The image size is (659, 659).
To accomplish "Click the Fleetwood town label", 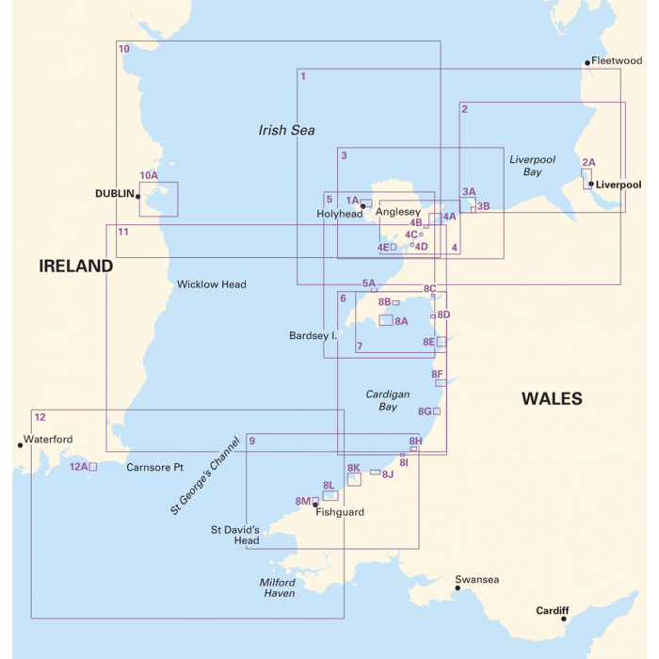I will click(x=617, y=61).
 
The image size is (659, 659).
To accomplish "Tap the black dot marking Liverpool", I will click(x=591, y=185).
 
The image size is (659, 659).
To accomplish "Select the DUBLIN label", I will click(x=115, y=194).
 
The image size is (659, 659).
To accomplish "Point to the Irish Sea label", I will click(x=286, y=131).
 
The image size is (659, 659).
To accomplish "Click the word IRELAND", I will click(x=75, y=266).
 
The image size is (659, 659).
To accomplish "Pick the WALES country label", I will click(x=552, y=399).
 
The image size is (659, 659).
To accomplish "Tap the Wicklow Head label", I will click(x=211, y=284).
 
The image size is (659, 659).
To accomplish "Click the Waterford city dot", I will click(x=20, y=445).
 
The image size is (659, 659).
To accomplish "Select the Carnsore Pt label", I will click(x=153, y=467).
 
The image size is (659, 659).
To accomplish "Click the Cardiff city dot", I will click(x=564, y=619).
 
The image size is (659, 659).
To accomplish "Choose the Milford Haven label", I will click(x=278, y=588).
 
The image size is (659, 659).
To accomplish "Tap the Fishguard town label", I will click(x=340, y=513).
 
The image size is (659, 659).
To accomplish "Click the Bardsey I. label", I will click(x=313, y=335).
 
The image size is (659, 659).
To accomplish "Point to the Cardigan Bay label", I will click(x=387, y=401).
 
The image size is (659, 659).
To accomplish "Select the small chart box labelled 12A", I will click(x=92, y=466).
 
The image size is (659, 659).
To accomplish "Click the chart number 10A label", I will click(x=149, y=175).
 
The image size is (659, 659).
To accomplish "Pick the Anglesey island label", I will click(x=398, y=212).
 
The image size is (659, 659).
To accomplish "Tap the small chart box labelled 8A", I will click(x=386, y=320).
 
